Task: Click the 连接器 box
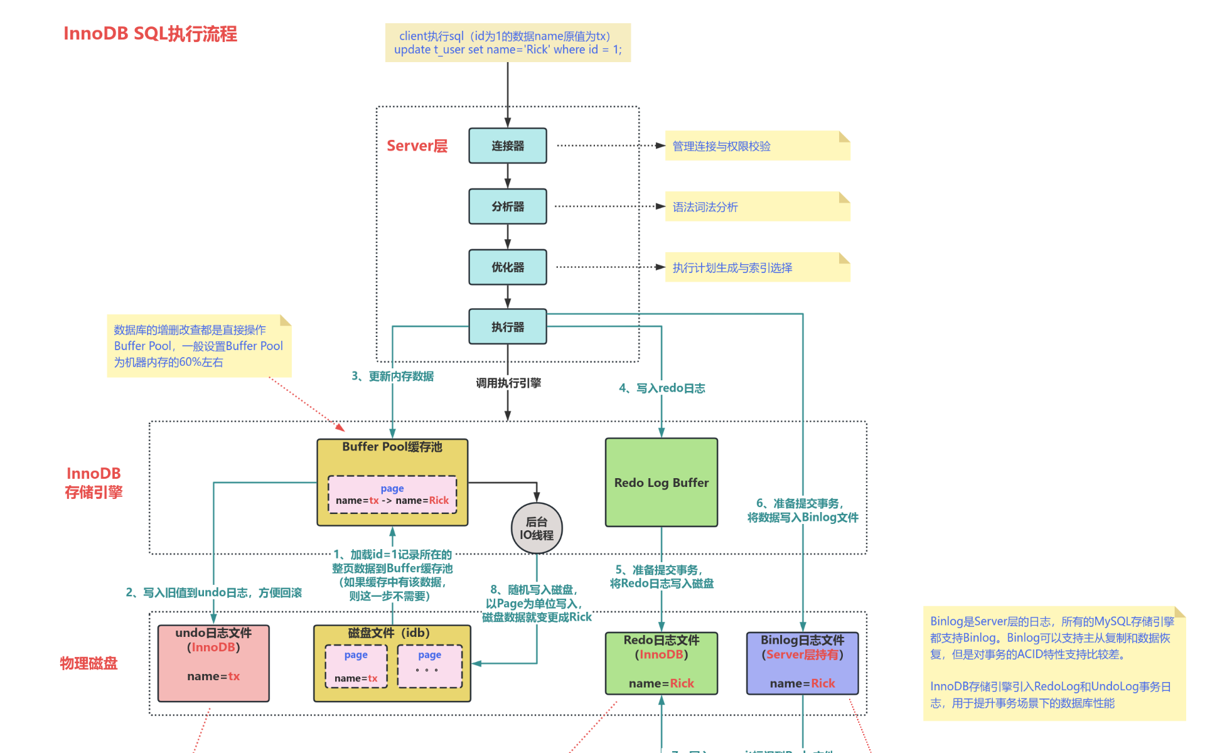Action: coord(507,146)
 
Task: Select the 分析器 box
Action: coord(507,206)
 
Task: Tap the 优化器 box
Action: coord(507,267)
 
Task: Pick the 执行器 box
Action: coord(507,327)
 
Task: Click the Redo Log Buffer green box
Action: coord(661,483)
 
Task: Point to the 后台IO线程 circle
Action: coord(537,528)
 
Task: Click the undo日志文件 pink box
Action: coord(213,663)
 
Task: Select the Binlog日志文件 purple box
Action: coord(802,663)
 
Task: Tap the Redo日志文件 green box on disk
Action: coord(661,663)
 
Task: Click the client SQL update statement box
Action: coord(507,43)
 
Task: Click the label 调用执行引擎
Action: coord(508,383)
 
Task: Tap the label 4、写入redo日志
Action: coord(661,388)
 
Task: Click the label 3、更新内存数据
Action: coord(392,376)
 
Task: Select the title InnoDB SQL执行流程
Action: coord(151,34)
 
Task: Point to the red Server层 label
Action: coord(417,146)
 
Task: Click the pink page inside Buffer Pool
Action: coord(392,494)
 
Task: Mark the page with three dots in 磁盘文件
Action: coord(430,666)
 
